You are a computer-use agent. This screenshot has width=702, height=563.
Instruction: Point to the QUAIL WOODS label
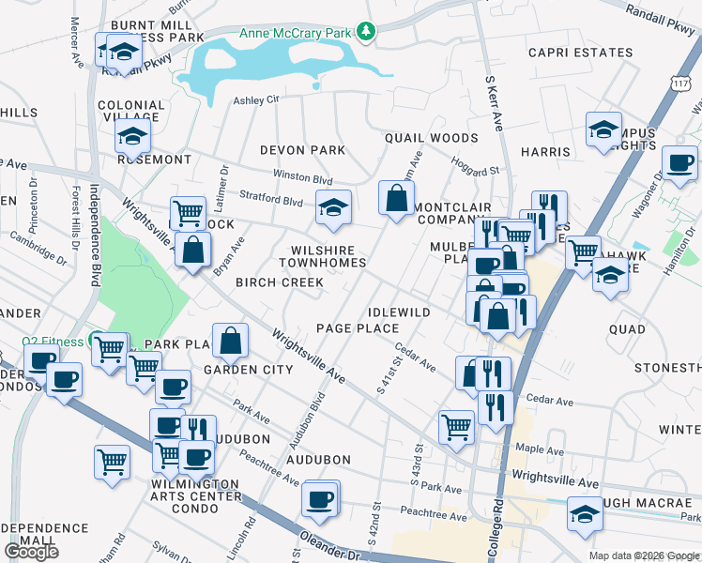click(x=431, y=138)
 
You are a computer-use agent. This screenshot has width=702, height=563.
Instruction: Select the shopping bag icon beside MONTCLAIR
click(x=396, y=198)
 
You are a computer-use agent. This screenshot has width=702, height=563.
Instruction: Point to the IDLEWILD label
click(x=399, y=312)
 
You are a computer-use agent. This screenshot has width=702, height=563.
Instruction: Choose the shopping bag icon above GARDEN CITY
click(x=230, y=342)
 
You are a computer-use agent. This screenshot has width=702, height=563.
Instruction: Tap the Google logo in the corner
click(x=31, y=552)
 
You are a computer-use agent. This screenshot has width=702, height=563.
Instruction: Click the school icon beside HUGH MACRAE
click(x=585, y=515)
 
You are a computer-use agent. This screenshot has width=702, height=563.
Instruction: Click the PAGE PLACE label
click(x=357, y=328)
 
